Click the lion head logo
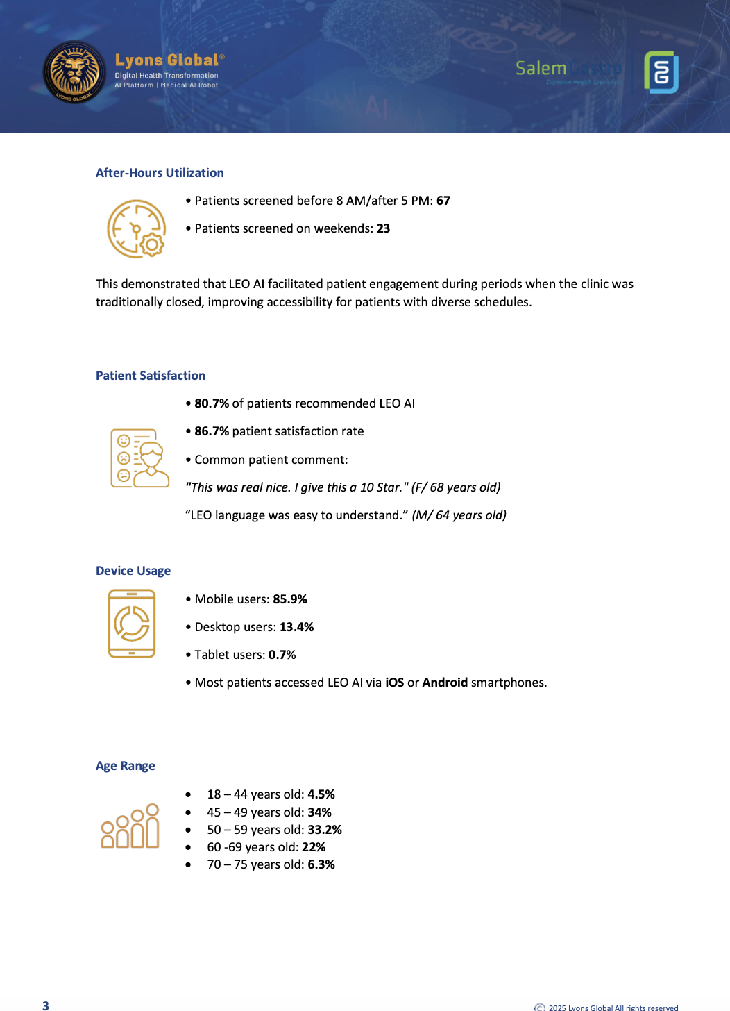click(x=74, y=72)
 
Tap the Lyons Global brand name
click(x=167, y=60)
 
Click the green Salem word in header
click(x=541, y=68)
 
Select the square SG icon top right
click(x=661, y=72)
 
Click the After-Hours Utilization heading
click(x=160, y=173)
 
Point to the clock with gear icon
click(x=136, y=229)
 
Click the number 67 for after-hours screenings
click(x=443, y=201)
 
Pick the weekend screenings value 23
click(x=383, y=228)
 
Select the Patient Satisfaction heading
click(x=151, y=376)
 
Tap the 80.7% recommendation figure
click(x=212, y=403)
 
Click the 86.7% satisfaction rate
click(x=212, y=431)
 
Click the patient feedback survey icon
click(x=139, y=458)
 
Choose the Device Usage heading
click(x=133, y=571)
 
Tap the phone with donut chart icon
click(x=132, y=624)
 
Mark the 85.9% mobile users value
click(x=290, y=599)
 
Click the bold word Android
click(x=445, y=683)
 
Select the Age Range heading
click(x=126, y=766)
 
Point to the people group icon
click(x=130, y=826)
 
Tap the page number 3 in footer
click(x=46, y=1005)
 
